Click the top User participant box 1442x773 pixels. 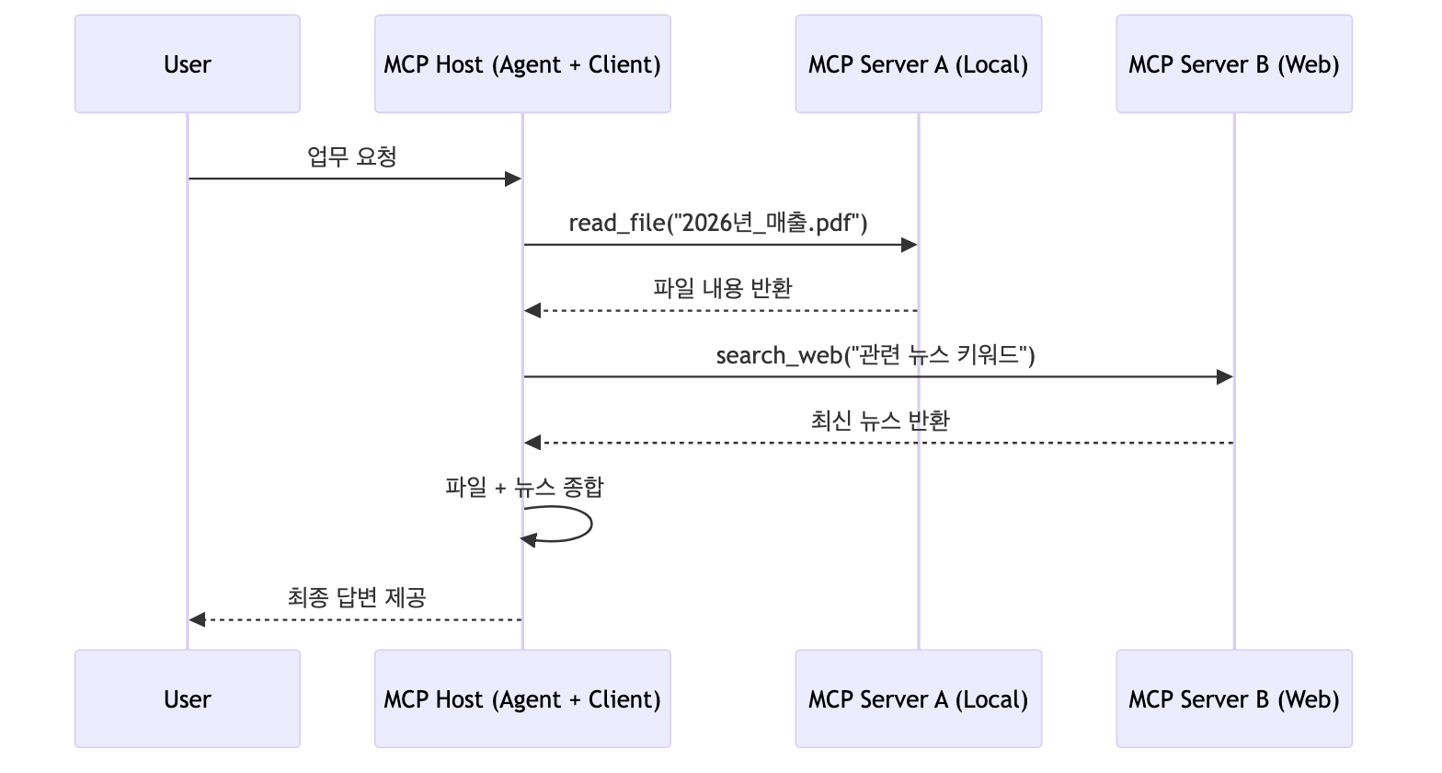187,63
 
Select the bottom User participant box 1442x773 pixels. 187,698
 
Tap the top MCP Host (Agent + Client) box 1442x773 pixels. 521,63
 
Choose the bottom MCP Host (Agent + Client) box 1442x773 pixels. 521,698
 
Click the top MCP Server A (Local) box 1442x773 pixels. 918,63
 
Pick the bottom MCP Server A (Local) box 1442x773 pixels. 918,698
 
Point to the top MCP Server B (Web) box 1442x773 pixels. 1233,63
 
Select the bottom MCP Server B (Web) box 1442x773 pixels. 1233,698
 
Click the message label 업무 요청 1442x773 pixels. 352,156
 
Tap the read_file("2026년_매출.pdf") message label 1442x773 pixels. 718,223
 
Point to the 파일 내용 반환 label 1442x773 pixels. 722,288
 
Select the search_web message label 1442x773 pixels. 875,355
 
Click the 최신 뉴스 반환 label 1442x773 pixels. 880,421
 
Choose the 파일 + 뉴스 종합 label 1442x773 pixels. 524,487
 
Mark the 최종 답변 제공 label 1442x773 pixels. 356,597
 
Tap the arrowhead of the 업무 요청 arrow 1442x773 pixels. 513,179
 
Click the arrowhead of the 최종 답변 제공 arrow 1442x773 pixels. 196,619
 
